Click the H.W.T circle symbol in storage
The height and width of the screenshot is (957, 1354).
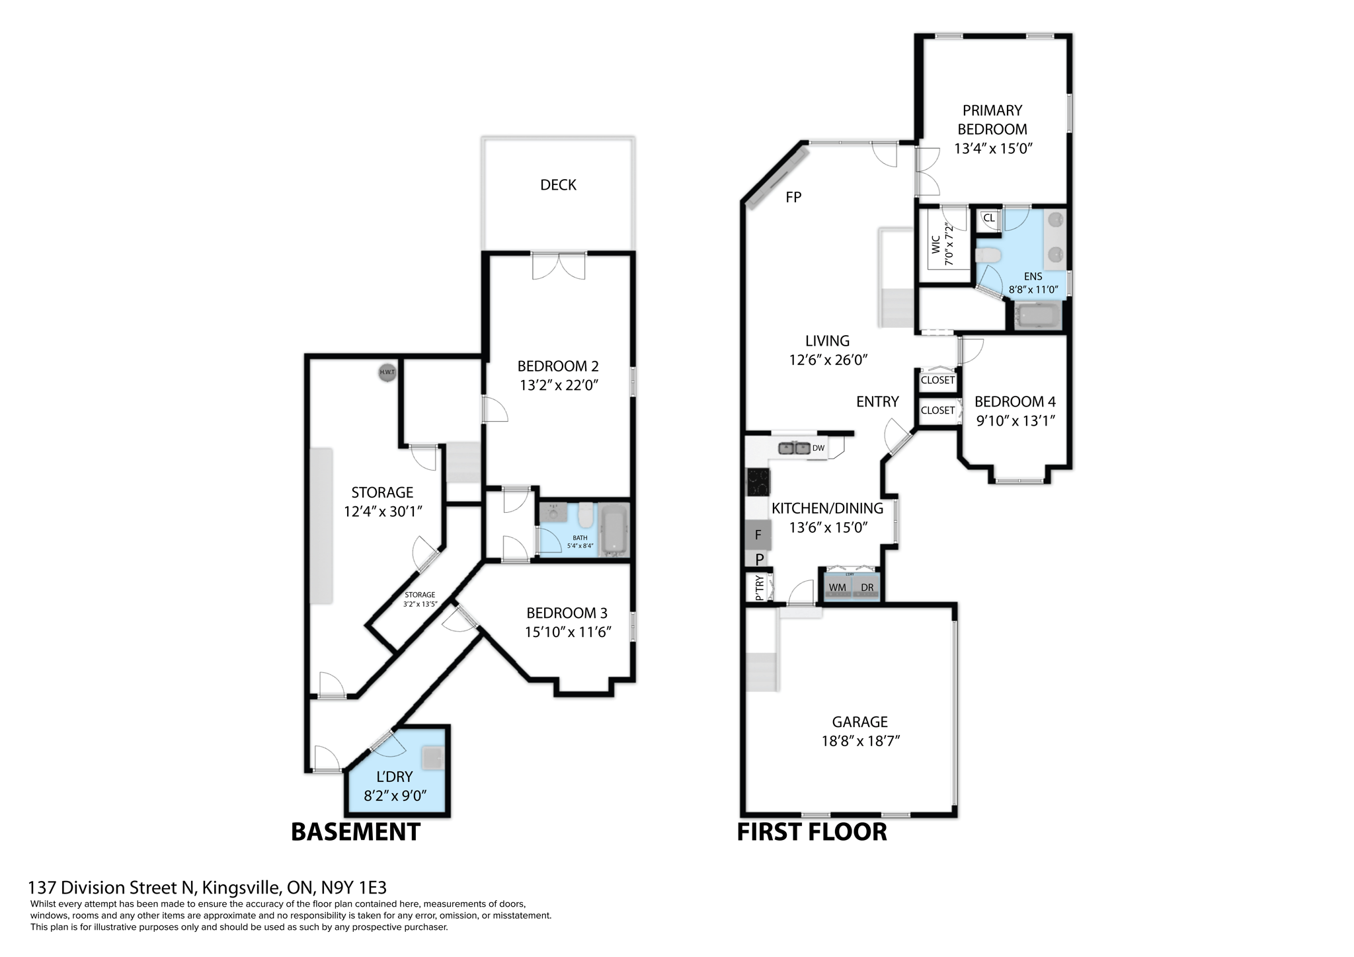tap(387, 372)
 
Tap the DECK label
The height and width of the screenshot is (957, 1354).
tap(558, 185)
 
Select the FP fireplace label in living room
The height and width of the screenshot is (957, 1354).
tap(793, 197)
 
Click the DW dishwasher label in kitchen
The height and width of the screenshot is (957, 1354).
tap(818, 448)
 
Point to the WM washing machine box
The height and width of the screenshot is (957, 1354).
tap(837, 588)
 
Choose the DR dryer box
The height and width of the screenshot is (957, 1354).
tap(867, 588)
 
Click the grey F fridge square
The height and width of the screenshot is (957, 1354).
tap(758, 535)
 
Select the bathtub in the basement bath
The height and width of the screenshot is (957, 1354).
tap(614, 530)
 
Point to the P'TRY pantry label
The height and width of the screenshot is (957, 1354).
tap(759, 587)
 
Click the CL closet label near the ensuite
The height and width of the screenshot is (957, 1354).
tap(988, 218)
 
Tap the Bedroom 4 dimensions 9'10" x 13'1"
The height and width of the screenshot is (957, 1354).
tap(1015, 420)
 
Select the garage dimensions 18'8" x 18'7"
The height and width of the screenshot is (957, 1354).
tap(860, 741)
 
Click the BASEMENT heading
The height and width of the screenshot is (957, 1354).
tap(355, 831)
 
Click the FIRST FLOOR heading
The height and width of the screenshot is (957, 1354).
tap(812, 831)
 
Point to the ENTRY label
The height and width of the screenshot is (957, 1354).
tap(877, 402)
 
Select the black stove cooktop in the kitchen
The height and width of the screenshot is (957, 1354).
tap(758, 481)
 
